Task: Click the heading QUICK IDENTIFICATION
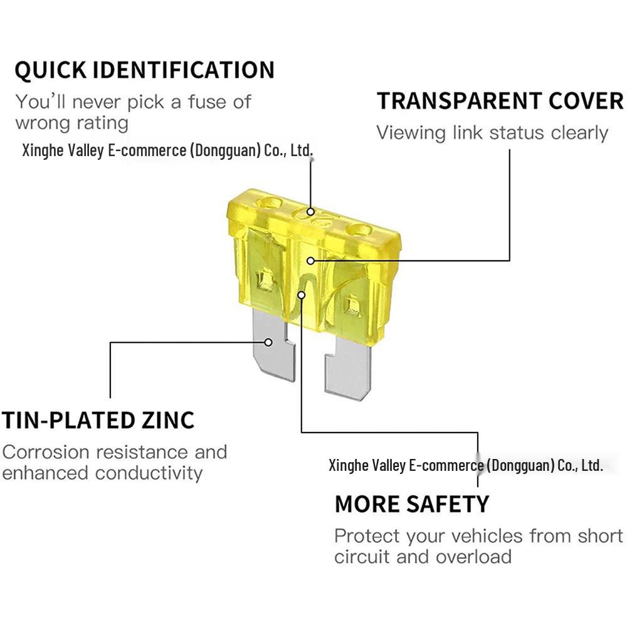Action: (x=144, y=70)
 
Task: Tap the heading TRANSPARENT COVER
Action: (x=500, y=101)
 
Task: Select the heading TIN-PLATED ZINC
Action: (x=98, y=420)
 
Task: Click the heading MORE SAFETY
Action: (x=412, y=504)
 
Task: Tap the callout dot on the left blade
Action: (x=269, y=342)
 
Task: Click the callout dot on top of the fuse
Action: (x=310, y=211)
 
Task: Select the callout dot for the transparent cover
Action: (x=311, y=261)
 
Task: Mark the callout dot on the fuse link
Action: (x=302, y=295)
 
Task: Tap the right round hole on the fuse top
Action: (x=359, y=231)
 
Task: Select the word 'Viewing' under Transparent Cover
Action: (x=411, y=133)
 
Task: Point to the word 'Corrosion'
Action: (x=46, y=452)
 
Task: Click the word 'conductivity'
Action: (x=149, y=473)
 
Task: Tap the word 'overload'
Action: (x=473, y=557)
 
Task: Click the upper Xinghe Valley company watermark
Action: (x=167, y=150)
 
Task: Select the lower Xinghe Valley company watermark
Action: (x=465, y=465)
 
